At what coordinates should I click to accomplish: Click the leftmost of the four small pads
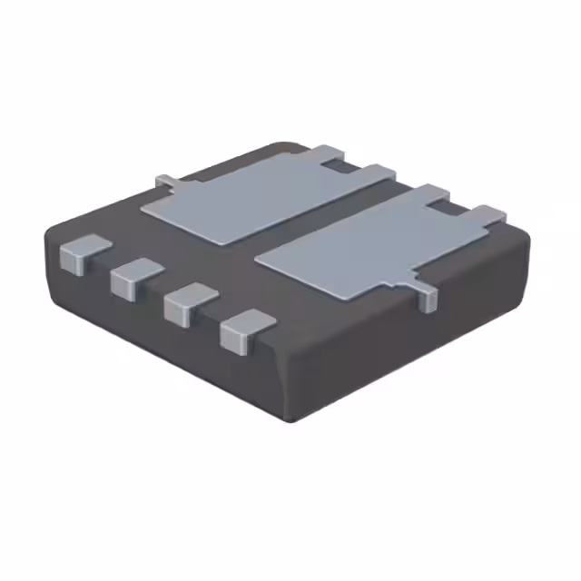click(79, 253)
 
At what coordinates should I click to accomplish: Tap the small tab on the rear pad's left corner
click(164, 182)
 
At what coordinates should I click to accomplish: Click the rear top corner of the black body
click(289, 145)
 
